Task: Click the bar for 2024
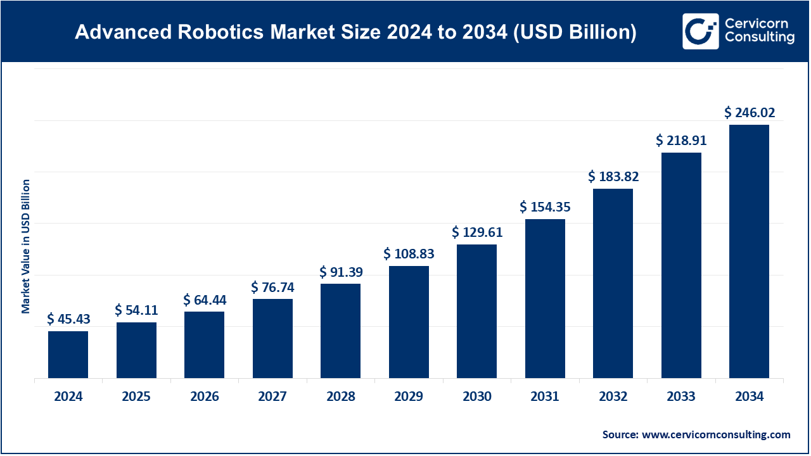68,355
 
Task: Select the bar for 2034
749,251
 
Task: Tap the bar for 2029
409,322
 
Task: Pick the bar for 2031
545,298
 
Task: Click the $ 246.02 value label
750,113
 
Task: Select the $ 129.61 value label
477,232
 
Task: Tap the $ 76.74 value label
272,288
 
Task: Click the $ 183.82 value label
613,177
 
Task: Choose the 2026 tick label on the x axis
204,397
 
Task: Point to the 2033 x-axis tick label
681,397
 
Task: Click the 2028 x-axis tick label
341,397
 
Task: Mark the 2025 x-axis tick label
136,397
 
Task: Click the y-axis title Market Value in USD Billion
26,246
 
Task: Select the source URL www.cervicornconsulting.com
716,434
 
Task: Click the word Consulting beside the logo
759,38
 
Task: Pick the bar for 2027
272,338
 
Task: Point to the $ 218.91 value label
681,141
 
